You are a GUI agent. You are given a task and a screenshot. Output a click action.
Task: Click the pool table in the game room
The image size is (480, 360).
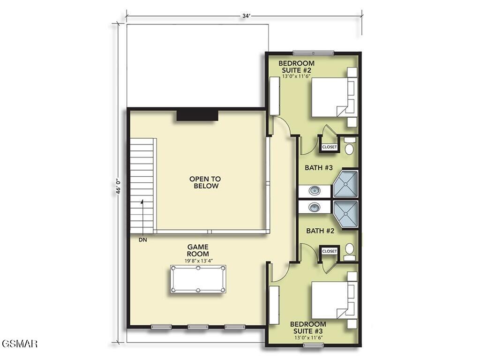tap(198, 279)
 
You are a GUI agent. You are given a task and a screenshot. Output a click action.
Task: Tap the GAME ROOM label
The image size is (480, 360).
tap(198, 250)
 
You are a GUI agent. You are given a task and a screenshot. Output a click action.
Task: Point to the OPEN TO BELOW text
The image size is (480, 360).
tap(204, 182)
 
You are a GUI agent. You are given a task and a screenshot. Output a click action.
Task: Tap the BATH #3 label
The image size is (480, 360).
tap(319, 167)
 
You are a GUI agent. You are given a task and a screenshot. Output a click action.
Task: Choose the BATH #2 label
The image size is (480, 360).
tap(320, 231)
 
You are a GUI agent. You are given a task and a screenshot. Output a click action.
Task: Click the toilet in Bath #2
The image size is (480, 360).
tap(349, 250)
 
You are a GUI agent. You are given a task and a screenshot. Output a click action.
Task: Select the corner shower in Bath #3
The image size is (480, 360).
tap(346, 184)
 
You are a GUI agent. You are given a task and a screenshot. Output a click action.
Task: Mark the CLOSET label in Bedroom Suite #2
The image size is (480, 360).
tap(329, 147)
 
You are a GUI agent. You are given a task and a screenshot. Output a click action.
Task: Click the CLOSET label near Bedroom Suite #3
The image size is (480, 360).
tap(329, 251)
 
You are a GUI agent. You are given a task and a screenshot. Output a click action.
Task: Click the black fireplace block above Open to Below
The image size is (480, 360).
tap(197, 115)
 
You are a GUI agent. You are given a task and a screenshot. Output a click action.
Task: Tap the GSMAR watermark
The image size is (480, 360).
tap(19, 344)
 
